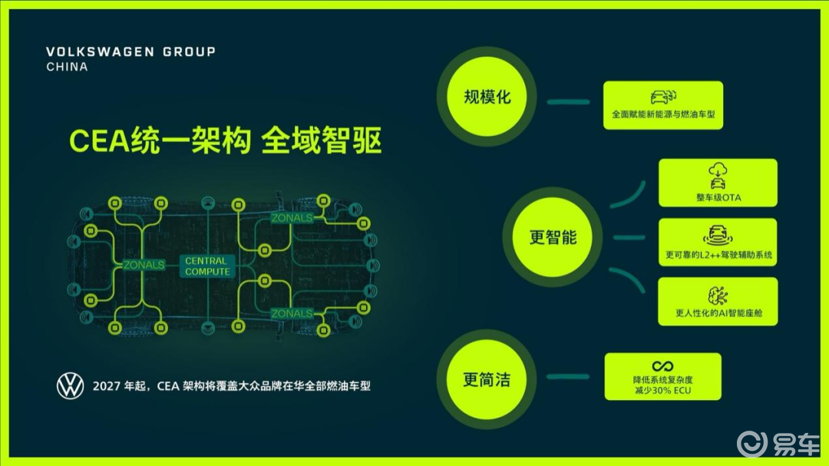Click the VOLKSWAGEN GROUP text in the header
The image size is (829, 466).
click(130, 51)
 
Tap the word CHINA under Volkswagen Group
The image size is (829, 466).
click(67, 67)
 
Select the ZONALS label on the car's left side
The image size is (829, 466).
click(144, 265)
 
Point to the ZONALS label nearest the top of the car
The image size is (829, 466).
click(292, 218)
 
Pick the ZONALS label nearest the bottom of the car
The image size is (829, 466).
click(292, 314)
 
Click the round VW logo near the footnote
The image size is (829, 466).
click(71, 386)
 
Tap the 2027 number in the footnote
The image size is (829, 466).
click(105, 386)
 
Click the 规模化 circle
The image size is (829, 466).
click(487, 97)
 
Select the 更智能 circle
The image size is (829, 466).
click(553, 237)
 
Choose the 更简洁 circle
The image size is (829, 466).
click(487, 378)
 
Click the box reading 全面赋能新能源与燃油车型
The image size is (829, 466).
click(663, 105)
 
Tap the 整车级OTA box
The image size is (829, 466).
click(718, 183)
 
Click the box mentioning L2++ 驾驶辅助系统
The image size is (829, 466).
click(718, 243)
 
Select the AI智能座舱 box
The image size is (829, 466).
click(718, 302)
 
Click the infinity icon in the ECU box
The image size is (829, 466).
click(662, 366)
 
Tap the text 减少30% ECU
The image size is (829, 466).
click(662, 390)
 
